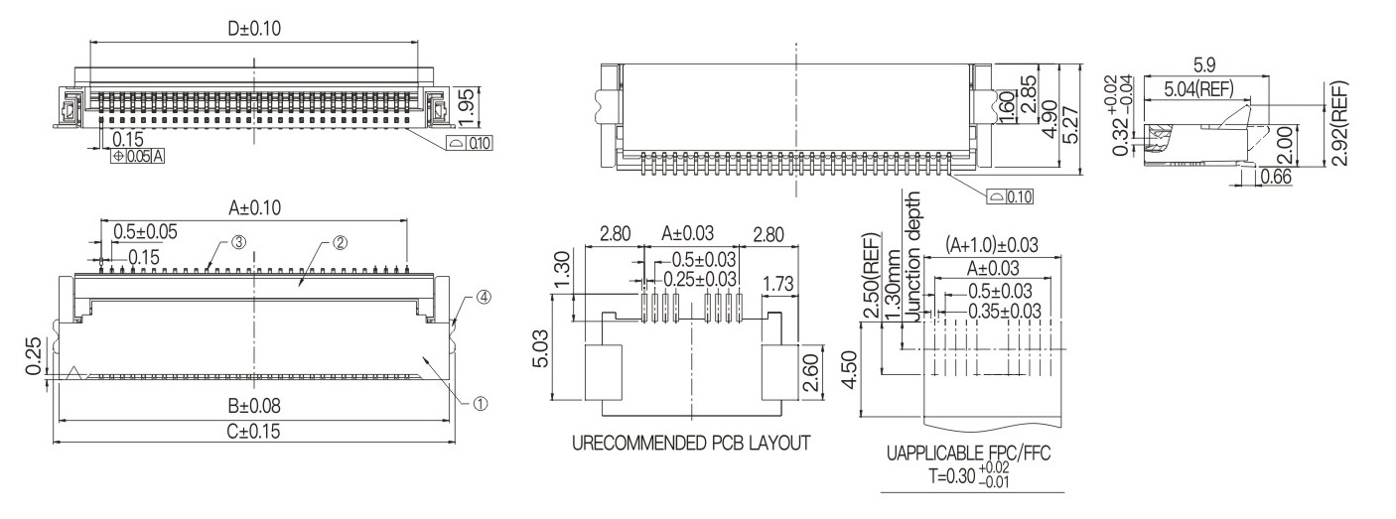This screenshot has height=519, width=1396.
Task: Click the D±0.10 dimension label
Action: click(x=253, y=29)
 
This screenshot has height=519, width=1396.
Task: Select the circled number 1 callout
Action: click(x=481, y=404)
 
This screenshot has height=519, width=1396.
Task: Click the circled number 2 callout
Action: click(x=340, y=243)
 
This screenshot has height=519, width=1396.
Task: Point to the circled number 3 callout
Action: click(x=239, y=242)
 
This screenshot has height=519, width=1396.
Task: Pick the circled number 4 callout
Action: click(x=484, y=297)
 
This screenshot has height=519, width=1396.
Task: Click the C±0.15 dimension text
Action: click(x=253, y=431)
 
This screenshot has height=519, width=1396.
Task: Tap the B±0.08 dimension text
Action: click(x=253, y=406)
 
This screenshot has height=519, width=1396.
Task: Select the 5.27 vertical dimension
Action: click(x=1070, y=125)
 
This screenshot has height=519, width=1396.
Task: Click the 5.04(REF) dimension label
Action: click(x=1199, y=89)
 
